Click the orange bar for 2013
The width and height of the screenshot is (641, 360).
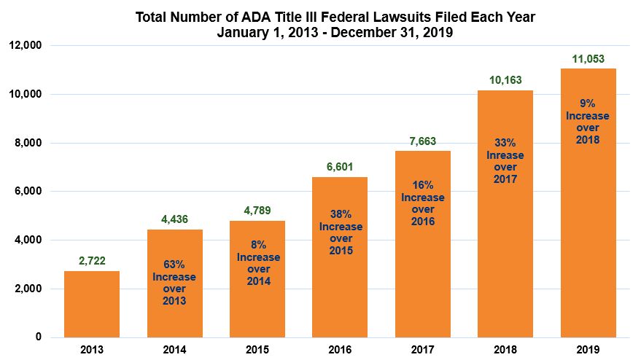click(92, 304)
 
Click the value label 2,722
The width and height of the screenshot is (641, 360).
click(92, 261)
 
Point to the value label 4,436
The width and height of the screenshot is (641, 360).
click(174, 219)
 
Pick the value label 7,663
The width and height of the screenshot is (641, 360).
click(422, 141)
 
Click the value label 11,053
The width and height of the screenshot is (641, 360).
click(588, 58)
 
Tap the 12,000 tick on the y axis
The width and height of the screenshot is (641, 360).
click(26, 46)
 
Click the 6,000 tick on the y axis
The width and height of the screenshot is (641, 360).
click(28, 192)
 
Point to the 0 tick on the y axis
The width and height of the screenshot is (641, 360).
click(38, 337)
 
